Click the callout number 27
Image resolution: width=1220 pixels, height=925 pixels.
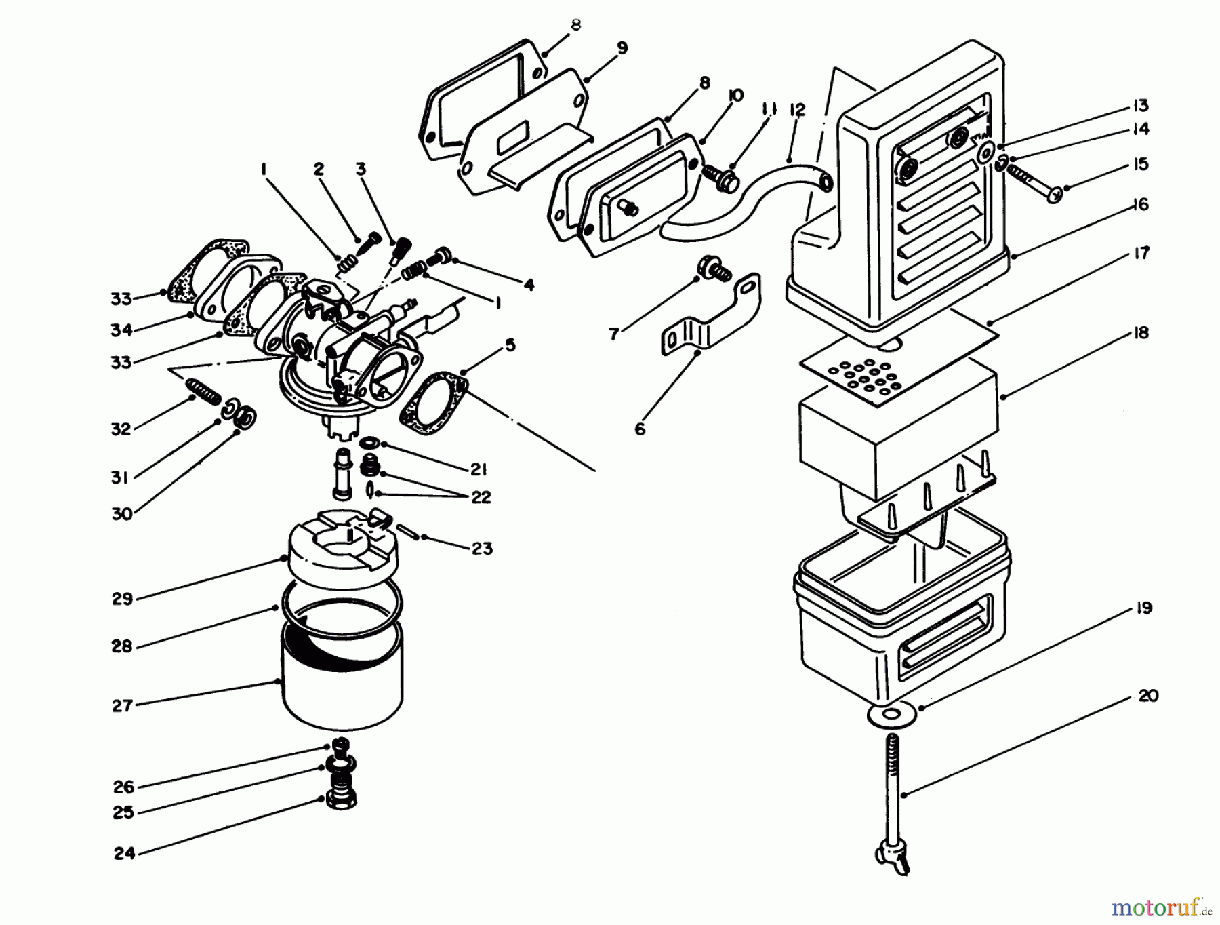click(x=121, y=706)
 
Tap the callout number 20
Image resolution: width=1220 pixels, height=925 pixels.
click(x=1148, y=696)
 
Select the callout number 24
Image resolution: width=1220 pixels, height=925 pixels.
click(x=124, y=853)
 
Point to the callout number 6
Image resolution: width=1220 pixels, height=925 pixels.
click(x=640, y=429)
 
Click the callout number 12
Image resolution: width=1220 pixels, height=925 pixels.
click(x=797, y=110)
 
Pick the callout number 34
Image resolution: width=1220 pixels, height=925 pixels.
click(x=122, y=330)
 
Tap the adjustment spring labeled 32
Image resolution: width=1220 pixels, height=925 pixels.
click(x=202, y=391)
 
